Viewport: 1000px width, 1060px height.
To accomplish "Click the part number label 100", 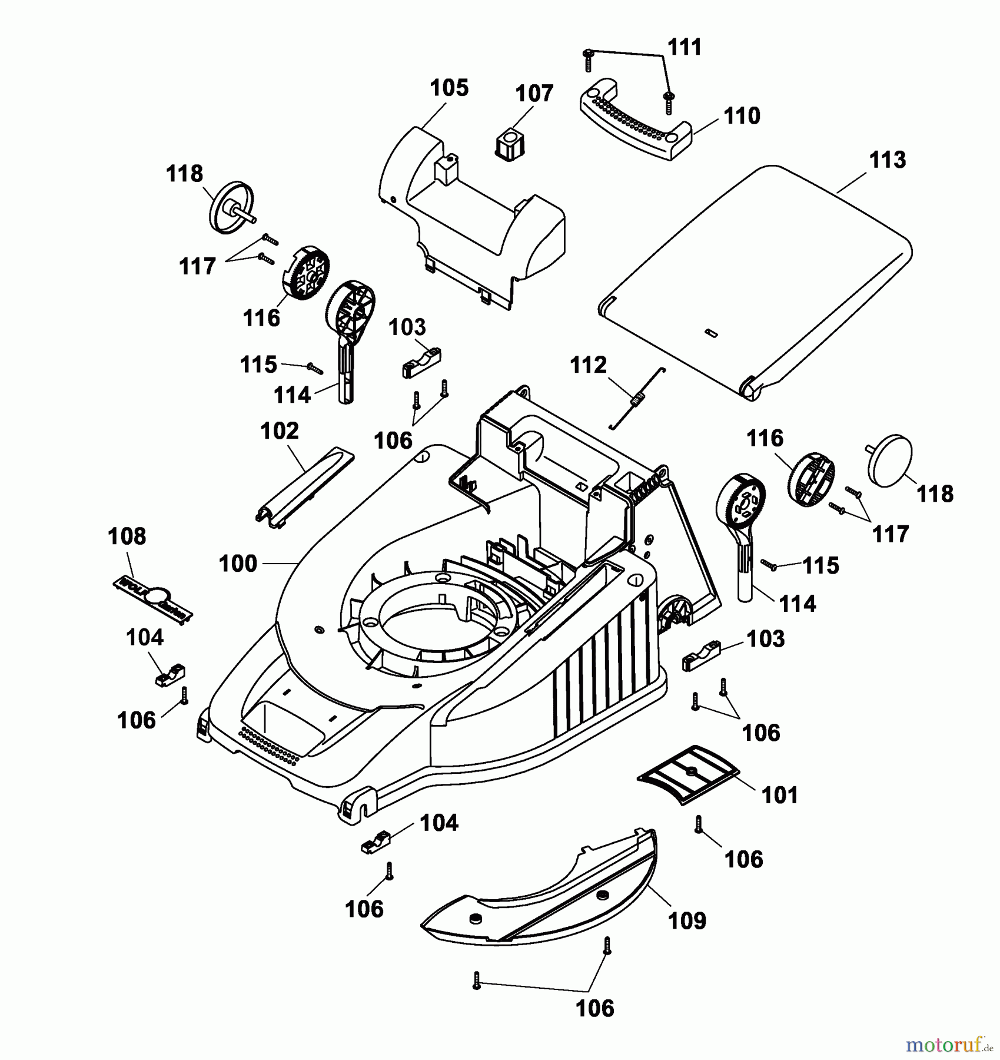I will (x=238, y=564).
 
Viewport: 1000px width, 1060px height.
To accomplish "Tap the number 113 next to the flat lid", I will (x=888, y=160).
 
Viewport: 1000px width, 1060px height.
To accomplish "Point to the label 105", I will (x=449, y=88).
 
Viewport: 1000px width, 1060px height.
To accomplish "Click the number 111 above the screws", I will (x=685, y=47).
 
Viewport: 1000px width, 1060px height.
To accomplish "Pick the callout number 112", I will (x=588, y=365).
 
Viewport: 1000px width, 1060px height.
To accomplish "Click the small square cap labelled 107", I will (x=510, y=144).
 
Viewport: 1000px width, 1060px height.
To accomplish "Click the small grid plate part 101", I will (x=688, y=772).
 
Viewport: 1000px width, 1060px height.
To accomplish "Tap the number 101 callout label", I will (x=779, y=795).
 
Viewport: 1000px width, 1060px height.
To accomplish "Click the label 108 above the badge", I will (x=127, y=536).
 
